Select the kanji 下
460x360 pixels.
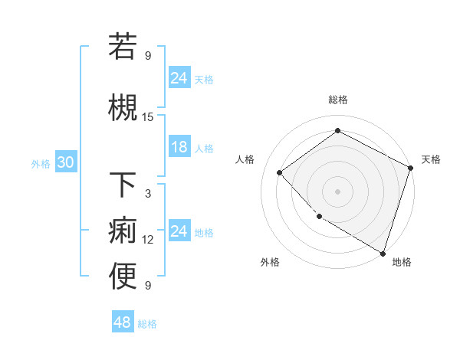(123, 185)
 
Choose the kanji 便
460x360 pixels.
(123, 277)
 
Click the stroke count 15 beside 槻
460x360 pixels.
(148, 117)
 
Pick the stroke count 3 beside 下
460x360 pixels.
(148, 194)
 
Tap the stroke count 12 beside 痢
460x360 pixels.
(148, 240)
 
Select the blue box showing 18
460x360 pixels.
(179, 148)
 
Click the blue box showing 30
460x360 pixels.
(65, 163)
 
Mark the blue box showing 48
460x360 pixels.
(123, 322)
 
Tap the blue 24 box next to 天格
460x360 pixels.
(179, 78)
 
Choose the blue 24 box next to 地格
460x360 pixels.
(179, 232)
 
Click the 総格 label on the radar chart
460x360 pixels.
(337, 100)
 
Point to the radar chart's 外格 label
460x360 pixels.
(270, 262)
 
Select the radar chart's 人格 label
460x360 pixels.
(245, 159)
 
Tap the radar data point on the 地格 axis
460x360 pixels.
(383, 252)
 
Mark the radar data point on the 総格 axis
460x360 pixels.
(337, 132)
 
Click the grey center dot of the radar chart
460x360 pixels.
(337, 191)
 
